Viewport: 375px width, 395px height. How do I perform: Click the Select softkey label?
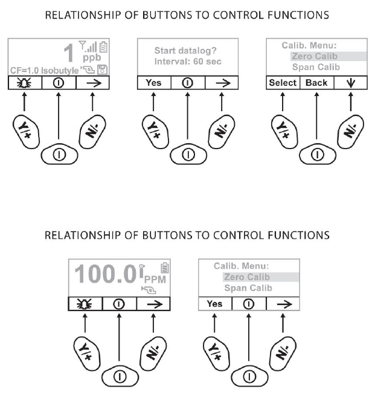[283, 83]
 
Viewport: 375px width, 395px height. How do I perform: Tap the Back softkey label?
[316, 83]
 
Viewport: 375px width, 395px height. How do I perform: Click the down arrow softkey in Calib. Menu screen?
[350, 83]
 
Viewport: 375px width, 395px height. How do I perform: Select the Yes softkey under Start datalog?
[154, 83]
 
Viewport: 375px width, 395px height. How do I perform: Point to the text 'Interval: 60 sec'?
[188, 62]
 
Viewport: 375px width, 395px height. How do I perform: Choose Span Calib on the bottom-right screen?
[248, 288]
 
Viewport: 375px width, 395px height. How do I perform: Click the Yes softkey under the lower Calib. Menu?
[214, 304]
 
